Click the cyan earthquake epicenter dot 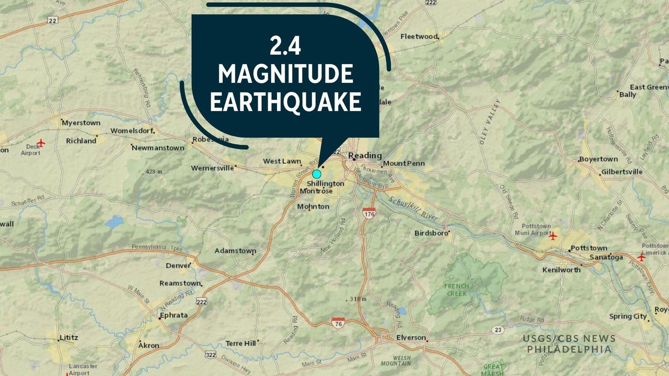(317, 174)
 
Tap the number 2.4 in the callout (285, 48)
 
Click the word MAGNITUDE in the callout (285, 75)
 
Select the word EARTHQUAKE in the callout (285, 102)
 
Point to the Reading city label (365, 156)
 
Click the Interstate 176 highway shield (369, 213)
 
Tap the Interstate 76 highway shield (338, 323)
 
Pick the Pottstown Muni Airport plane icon (553, 236)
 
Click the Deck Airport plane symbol (41, 142)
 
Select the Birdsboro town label (431, 233)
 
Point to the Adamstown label (235, 251)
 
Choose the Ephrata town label (173, 315)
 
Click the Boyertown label (598, 159)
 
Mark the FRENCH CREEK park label (456, 290)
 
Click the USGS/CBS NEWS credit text (569, 338)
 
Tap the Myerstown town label (80, 123)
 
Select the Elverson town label (411, 338)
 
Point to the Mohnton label (313, 207)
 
